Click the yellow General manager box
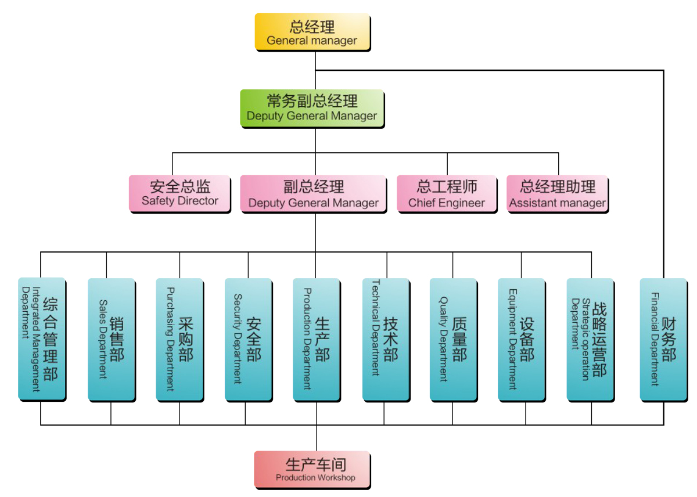[312, 33]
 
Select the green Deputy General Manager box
[312, 108]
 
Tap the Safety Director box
[180, 193]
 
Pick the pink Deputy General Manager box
[314, 193]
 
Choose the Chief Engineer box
[447, 193]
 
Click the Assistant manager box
[558, 193]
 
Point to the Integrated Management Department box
[42, 339]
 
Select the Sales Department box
[111, 339]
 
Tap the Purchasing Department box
[179, 339]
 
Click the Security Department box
[248, 339]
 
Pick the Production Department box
[317, 339]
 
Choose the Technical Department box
[386, 339]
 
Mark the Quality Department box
[453, 339]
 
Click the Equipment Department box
[521, 339]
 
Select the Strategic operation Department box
[590, 339]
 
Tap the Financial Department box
[663, 339]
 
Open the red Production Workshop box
[312, 469]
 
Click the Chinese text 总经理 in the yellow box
[312, 27]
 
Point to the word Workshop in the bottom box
[335, 478]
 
